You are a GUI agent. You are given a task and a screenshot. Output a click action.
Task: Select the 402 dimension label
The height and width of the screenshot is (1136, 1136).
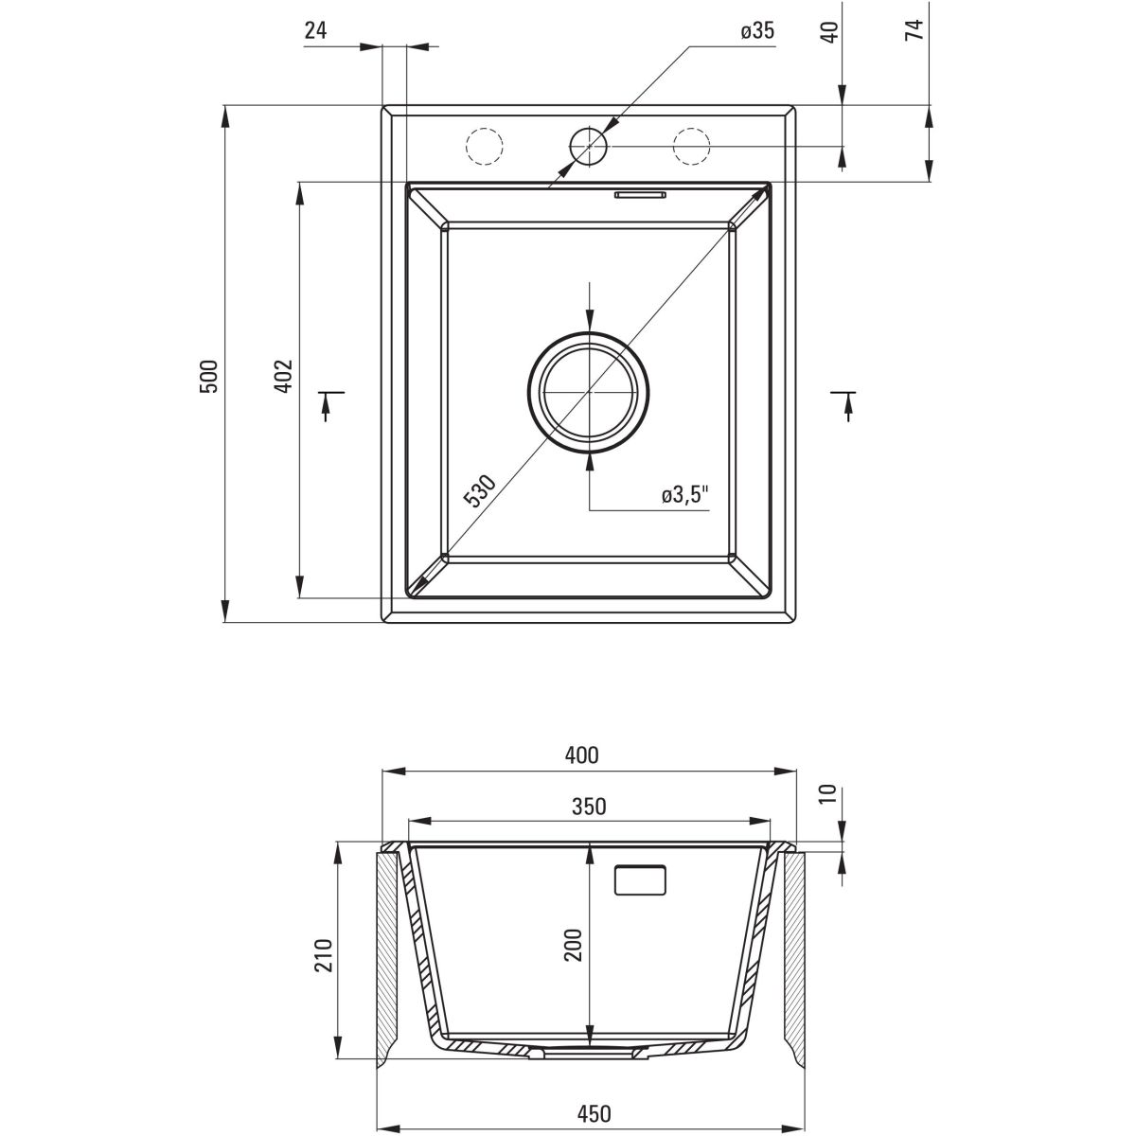point(285,376)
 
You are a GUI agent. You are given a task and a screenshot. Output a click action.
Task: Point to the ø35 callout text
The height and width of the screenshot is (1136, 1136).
point(757,31)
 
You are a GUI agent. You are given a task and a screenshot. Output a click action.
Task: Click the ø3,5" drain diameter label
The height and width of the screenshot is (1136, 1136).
point(685,495)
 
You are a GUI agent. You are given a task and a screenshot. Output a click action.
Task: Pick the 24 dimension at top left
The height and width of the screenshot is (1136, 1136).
point(315,30)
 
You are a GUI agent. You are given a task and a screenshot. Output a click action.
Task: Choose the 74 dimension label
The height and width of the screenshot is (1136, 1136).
point(914,30)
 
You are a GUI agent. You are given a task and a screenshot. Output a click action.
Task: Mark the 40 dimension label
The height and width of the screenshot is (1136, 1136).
point(829,30)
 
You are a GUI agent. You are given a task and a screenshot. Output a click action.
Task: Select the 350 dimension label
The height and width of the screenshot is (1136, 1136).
point(589,807)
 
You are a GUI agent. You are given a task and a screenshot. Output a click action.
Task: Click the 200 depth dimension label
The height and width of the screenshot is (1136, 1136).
point(573,945)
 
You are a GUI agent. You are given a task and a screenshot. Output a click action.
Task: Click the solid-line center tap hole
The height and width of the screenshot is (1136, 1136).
point(588,146)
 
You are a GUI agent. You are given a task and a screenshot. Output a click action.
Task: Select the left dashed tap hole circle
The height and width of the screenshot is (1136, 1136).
point(483,146)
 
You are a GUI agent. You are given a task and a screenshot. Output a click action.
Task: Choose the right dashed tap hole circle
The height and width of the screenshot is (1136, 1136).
point(691,146)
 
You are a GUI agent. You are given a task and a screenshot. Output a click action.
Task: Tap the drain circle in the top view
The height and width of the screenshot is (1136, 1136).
point(589,390)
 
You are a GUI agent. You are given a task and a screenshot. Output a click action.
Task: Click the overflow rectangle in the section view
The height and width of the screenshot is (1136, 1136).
point(641,880)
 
